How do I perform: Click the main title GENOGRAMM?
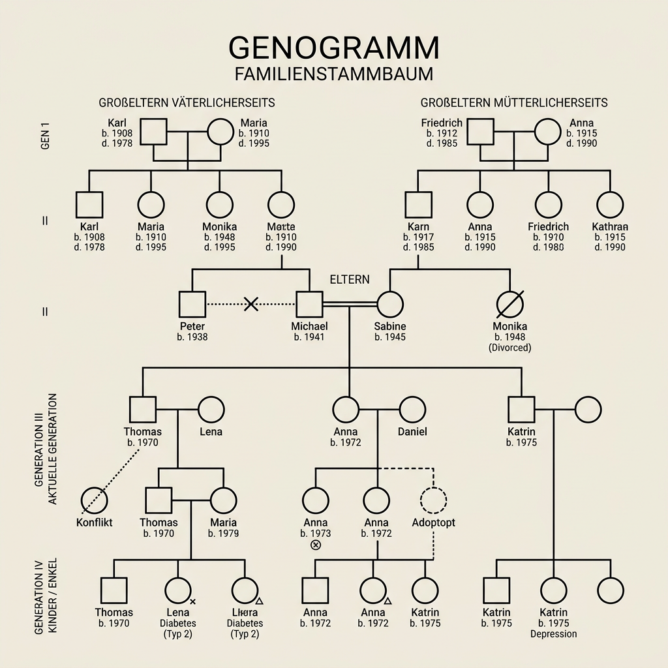[x=333, y=48]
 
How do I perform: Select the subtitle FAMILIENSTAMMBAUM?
[x=333, y=73]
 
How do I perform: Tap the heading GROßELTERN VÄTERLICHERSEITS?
[x=187, y=103]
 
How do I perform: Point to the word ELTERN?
[x=350, y=279]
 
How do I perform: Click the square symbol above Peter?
[x=192, y=304]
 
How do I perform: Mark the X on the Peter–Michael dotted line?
[x=251, y=303]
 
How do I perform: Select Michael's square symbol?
[x=310, y=304]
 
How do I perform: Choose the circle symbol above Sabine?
[x=390, y=304]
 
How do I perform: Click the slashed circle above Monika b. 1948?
[x=510, y=304]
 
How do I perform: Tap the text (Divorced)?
[x=510, y=348]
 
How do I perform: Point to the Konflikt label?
[x=95, y=523]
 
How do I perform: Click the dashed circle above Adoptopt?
[x=434, y=500]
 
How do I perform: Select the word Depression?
[x=553, y=633]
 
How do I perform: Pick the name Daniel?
[x=412, y=432]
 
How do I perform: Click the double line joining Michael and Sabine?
[x=350, y=304]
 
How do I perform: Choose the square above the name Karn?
[x=417, y=205]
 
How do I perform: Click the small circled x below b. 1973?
[x=316, y=545]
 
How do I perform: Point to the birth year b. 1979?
[x=224, y=534]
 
